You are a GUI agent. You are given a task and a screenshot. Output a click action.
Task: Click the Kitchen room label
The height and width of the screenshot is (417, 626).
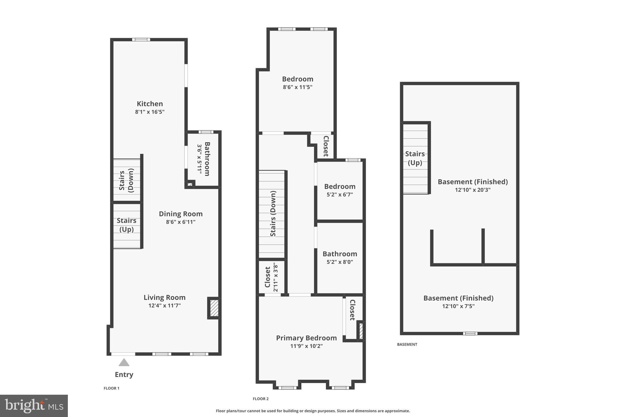[150, 104]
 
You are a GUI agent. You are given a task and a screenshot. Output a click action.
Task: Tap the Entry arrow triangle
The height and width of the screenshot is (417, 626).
[124, 363]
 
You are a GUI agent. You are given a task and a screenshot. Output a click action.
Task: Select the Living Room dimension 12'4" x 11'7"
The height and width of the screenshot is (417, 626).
[164, 305]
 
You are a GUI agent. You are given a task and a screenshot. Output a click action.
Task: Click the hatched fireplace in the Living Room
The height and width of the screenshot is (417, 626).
[214, 308]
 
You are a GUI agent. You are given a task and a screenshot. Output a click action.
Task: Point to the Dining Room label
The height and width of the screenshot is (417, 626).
[181, 214]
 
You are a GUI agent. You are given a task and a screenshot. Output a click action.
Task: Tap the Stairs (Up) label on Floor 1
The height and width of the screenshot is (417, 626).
[127, 225]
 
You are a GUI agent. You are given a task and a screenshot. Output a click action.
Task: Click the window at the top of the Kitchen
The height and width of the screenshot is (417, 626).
[141, 39]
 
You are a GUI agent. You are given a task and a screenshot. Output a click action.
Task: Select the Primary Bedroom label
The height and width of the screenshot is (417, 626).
[306, 338]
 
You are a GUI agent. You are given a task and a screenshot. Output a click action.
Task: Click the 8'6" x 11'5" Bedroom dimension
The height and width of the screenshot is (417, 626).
[297, 87]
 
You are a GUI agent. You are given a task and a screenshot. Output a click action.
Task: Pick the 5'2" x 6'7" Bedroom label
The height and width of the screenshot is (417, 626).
[340, 186]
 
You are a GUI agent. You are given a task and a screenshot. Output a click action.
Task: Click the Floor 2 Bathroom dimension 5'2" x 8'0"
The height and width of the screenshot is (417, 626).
[340, 262]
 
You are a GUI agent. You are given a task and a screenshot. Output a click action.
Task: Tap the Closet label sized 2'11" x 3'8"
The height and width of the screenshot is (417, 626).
[268, 277]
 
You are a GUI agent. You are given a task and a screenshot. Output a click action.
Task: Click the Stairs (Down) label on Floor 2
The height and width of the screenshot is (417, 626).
[273, 214]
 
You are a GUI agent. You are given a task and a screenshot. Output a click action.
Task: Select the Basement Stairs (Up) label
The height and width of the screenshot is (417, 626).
[415, 158]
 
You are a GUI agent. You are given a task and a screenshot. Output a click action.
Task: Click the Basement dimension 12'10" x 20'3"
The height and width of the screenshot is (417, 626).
[473, 190]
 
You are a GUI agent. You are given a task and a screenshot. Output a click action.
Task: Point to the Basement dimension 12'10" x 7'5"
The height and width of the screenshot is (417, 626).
[458, 306]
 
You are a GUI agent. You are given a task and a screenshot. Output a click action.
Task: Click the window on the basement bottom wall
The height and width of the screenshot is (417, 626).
[470, 333]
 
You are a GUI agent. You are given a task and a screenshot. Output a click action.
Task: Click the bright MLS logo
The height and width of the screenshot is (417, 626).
[34, 406]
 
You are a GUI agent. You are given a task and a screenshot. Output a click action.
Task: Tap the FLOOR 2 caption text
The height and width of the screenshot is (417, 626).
[260, 399]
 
